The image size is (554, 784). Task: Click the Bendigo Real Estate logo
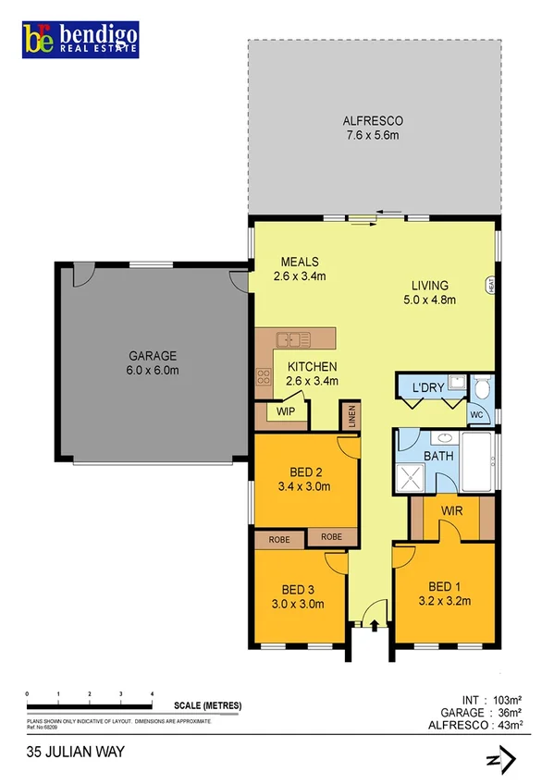coord(83,39)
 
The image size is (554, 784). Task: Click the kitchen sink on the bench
coord(294,338)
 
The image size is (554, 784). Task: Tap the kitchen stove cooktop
coord(263,376)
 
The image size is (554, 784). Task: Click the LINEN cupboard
coord(349,415)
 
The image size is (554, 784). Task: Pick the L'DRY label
coord(428,387)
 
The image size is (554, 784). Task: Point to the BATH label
coord(436,457)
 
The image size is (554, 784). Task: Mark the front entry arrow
coord(374,626)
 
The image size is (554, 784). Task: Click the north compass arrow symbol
coord(499,760)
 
